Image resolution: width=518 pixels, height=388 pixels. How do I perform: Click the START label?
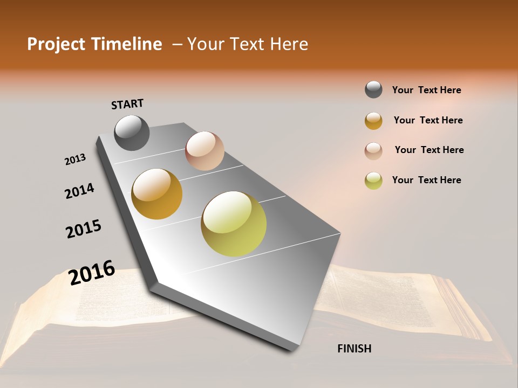(127, 103)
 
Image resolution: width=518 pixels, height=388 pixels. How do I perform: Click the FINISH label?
(354, 349)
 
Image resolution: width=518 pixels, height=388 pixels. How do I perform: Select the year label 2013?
(76, 160)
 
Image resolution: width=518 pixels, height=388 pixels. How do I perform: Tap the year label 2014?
(80, 191)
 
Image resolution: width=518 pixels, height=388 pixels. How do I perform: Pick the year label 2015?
(84, 229)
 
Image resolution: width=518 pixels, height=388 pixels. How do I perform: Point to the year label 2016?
(92, 272)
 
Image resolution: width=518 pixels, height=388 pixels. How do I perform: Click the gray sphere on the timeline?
(132, 133)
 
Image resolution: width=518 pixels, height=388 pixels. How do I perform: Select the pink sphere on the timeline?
(205, 151)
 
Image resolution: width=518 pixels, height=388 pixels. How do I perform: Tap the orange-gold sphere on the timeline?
(157, 194)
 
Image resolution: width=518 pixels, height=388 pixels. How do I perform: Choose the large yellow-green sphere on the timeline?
(234, 224)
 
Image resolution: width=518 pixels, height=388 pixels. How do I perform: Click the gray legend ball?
(373, 89)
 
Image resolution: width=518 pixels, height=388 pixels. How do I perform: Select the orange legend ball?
(373, 121)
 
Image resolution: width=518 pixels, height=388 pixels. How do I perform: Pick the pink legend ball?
(373, 150)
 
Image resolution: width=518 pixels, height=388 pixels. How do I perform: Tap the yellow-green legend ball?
(373, 181)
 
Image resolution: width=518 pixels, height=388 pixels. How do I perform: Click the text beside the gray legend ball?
(426, 90)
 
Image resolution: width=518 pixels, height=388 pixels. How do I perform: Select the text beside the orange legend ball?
(428, 120)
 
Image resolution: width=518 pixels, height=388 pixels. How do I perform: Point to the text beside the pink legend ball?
(429, 150)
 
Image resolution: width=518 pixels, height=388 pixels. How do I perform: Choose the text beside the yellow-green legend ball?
(426, 180)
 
